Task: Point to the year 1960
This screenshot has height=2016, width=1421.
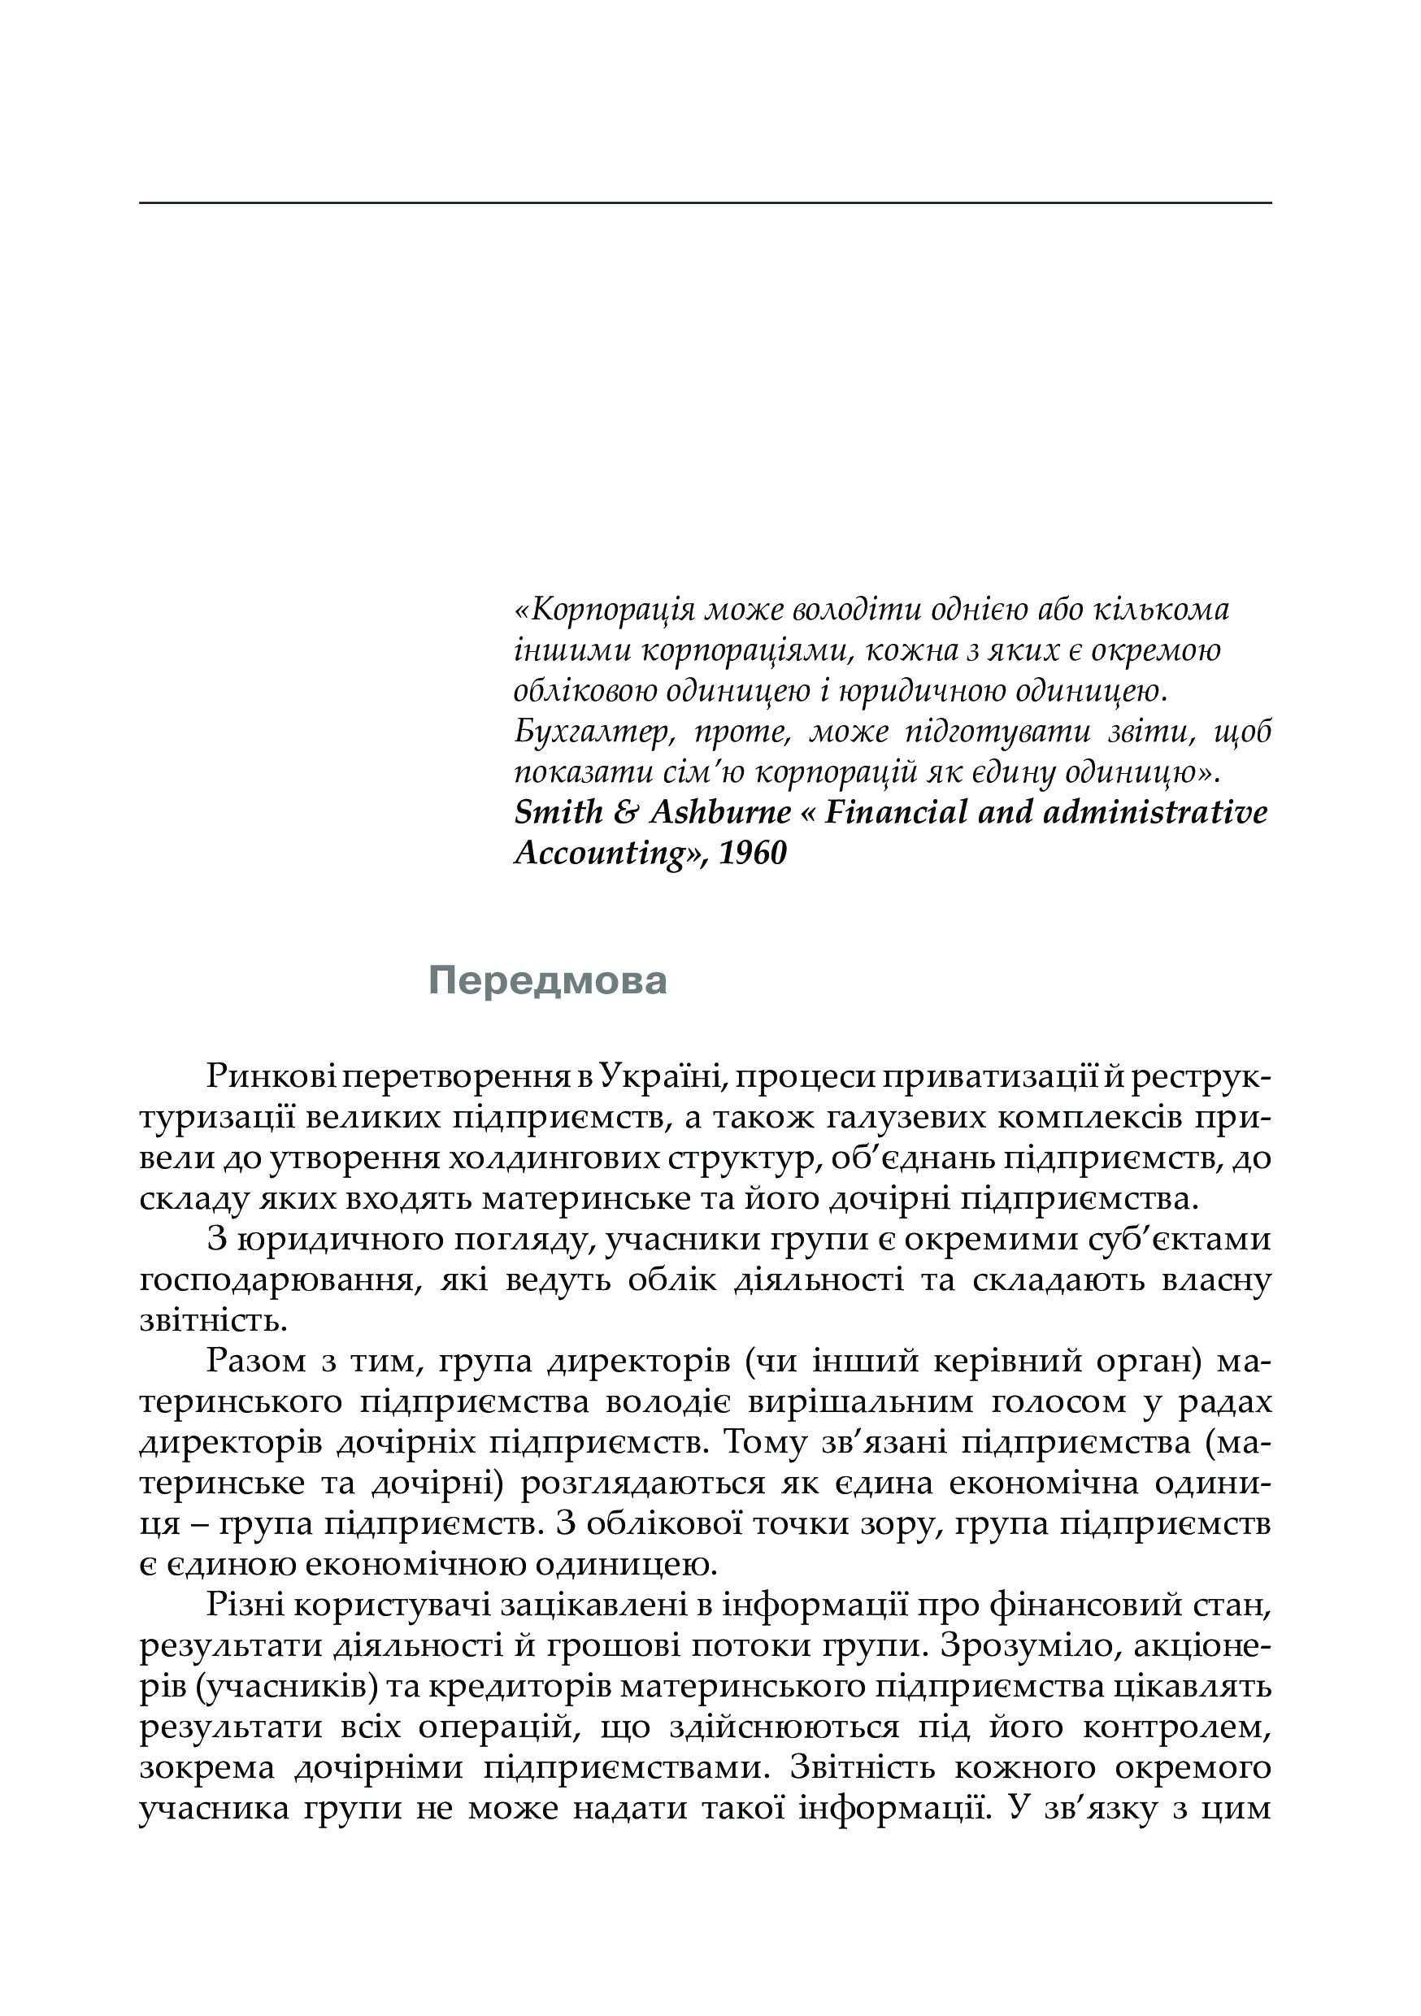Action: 753,853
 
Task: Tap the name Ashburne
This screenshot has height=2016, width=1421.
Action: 720,812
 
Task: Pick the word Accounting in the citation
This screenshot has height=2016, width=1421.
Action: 601,854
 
